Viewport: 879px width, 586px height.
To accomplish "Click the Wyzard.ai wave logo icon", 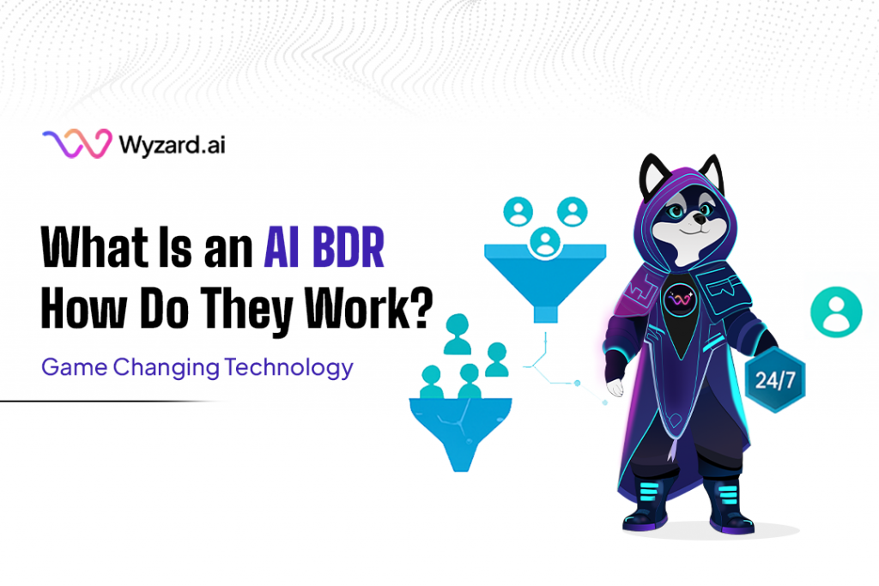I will (x=76, y=144).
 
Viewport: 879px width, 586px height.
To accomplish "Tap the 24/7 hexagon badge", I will (x=775, y=381).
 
